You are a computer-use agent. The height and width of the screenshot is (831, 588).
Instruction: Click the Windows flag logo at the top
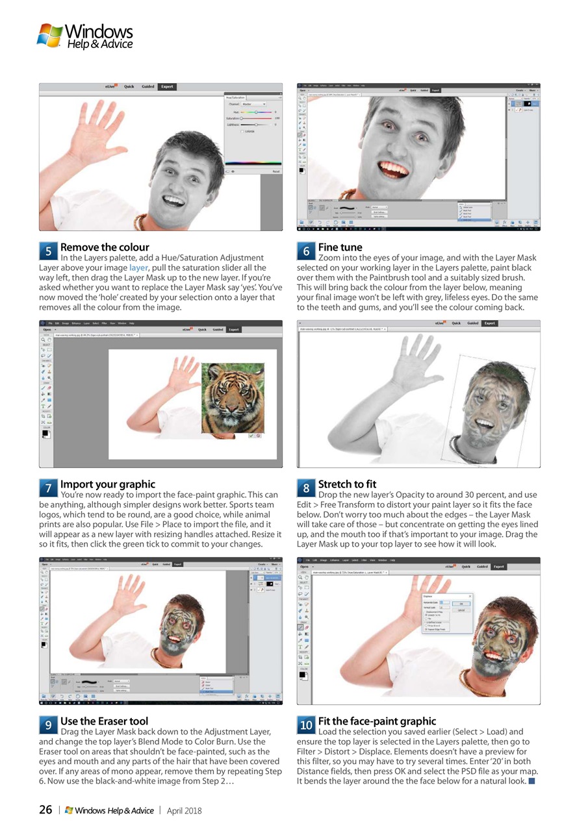(x=49, y=35)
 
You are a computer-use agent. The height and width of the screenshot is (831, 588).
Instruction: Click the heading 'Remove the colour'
(x=105, y=247)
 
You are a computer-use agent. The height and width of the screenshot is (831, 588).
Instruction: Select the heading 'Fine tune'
(x=340, y=247)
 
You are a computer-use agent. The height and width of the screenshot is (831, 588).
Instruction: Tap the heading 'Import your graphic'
(x=108, y=484)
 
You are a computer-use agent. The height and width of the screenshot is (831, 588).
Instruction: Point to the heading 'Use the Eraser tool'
(x=104, y=721)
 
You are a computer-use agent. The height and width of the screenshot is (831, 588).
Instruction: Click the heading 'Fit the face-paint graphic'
(x=377, y=721)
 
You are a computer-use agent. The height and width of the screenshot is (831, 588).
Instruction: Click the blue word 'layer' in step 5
(x=138, y=267)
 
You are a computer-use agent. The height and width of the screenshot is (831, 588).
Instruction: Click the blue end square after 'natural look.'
(x=532, y=780)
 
